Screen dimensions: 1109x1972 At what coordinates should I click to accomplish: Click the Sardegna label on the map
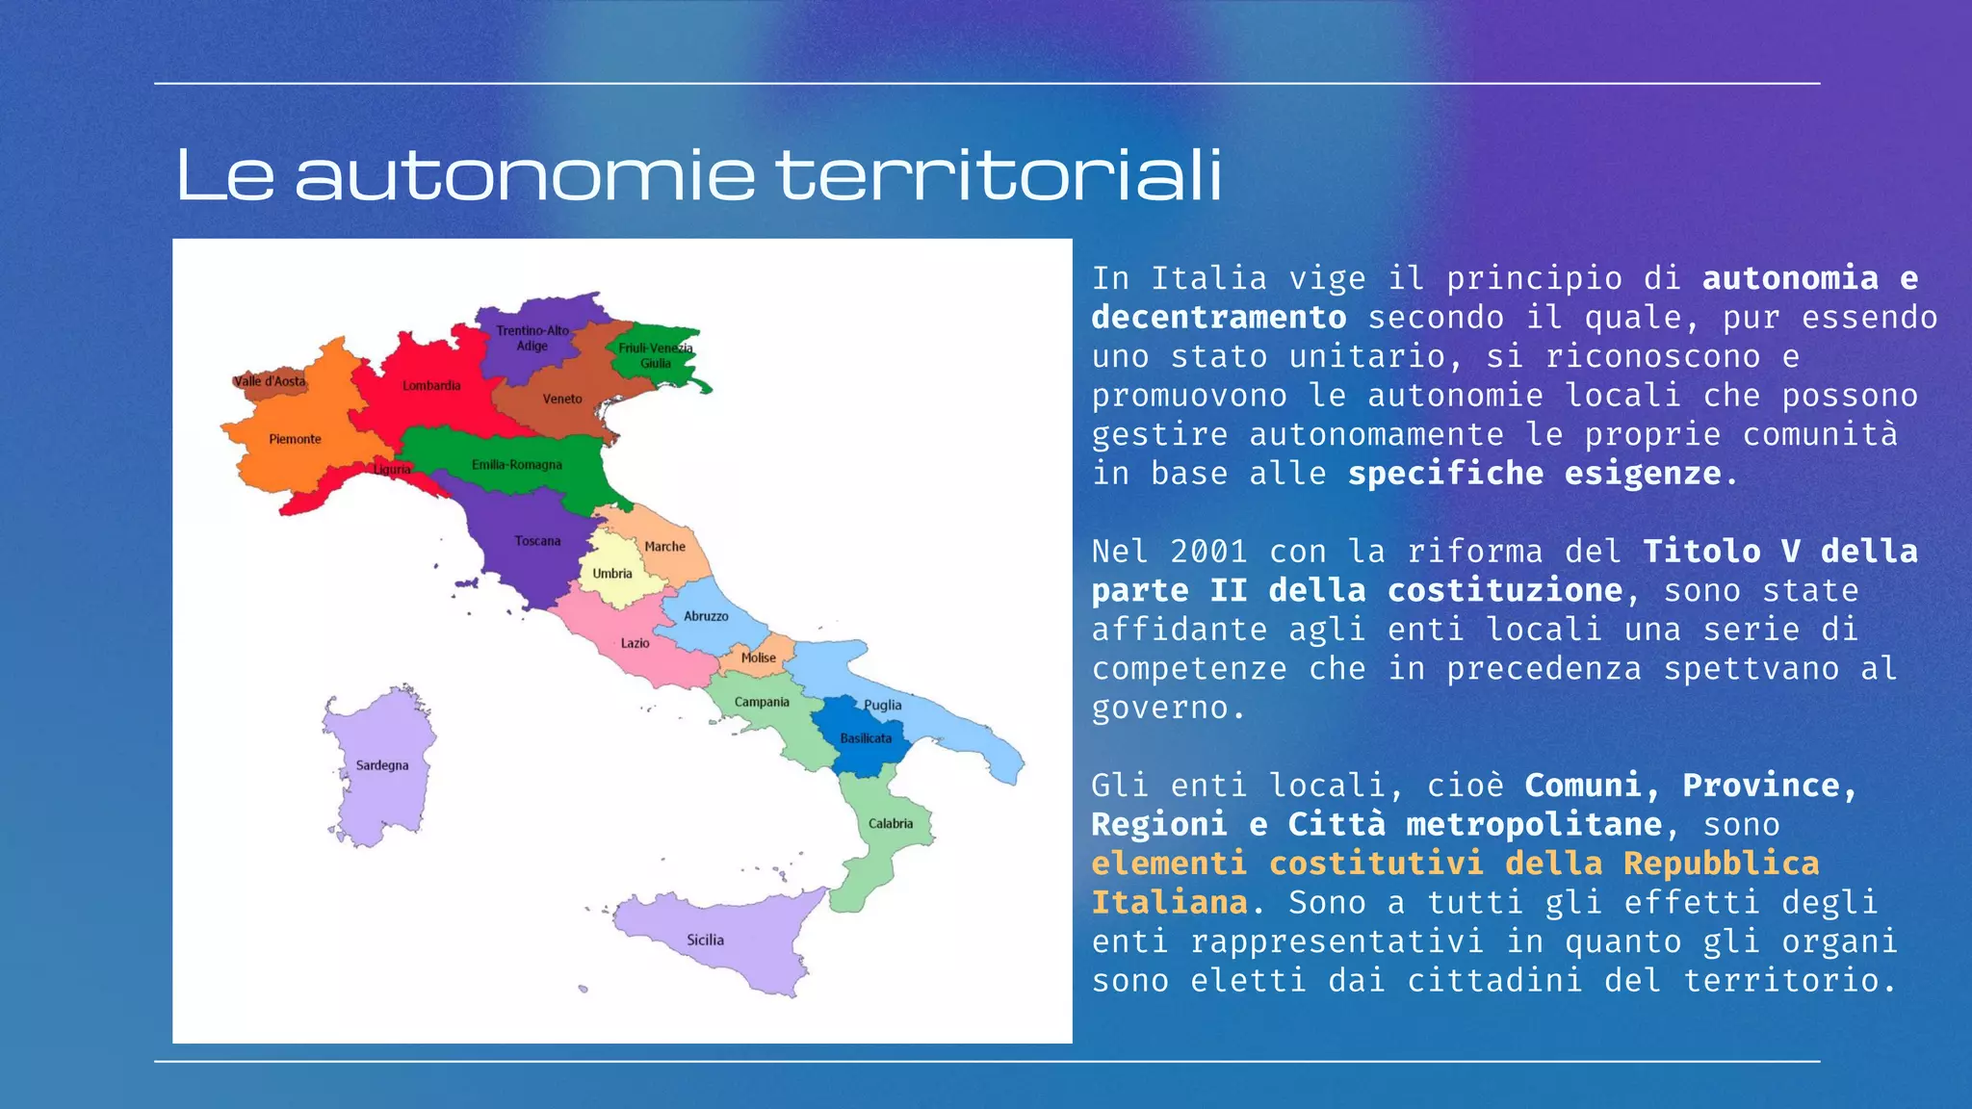tap(382, 765)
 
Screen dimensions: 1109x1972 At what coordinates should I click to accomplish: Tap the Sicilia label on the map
tap(705, 940)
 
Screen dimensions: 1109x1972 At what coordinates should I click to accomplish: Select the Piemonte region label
tap(295, 439)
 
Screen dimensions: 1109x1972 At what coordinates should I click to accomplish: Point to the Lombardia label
tap(431, 386)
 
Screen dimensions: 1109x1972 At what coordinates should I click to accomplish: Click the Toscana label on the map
tap(537, 541)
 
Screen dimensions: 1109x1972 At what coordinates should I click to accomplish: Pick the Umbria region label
tap(612, 574)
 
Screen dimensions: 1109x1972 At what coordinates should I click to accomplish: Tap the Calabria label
tap(891, 824)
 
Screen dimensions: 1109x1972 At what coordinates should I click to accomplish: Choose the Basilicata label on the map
tap(866, 738)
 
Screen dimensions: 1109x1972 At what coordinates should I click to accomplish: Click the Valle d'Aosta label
tap(270, 381)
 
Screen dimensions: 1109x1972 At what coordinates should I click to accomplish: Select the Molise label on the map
tap(759, 658)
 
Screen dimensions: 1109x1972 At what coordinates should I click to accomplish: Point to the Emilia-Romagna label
tap(517, 465)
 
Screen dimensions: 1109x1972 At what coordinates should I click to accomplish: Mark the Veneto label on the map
tap(562, 399)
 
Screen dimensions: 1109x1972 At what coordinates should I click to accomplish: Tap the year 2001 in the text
tap(1208, 552)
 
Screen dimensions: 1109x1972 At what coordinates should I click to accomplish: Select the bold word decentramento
tap(1219, 318)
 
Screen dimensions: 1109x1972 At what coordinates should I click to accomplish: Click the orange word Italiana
tap(1169, 903)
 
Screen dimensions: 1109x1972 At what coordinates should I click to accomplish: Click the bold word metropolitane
tap(1534, 825)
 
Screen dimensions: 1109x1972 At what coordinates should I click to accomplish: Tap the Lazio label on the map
tap(635, 643)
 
